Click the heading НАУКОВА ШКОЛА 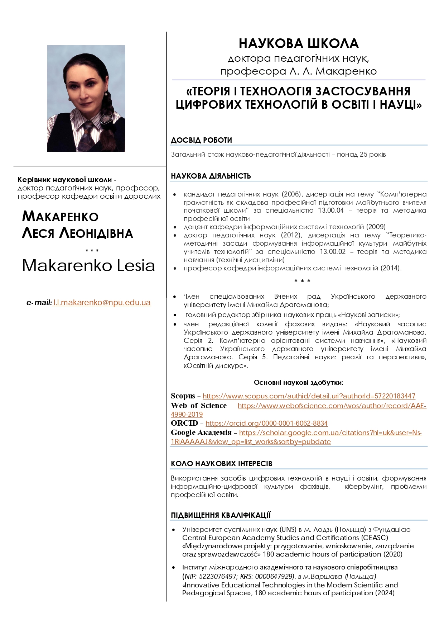[x=299, y=43]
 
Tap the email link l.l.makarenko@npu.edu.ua [x=102, y=302]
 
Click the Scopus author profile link [x=309, y=396]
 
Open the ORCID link [x=266, y=423]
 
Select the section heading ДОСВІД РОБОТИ [x=201, y=140]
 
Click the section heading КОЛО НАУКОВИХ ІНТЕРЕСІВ [x=221, y=464]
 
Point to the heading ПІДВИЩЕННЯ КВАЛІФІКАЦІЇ [x=221, y=515]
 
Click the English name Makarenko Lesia [x=88, y=266]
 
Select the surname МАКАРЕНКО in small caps [x=60, y=217]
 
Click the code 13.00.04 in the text [x=330, y=211]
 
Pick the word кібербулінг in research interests [x=364, y=487]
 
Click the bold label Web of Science [x=199, y=406]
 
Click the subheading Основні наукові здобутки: [x=299, y=383]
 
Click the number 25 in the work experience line [x=363, y=155]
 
